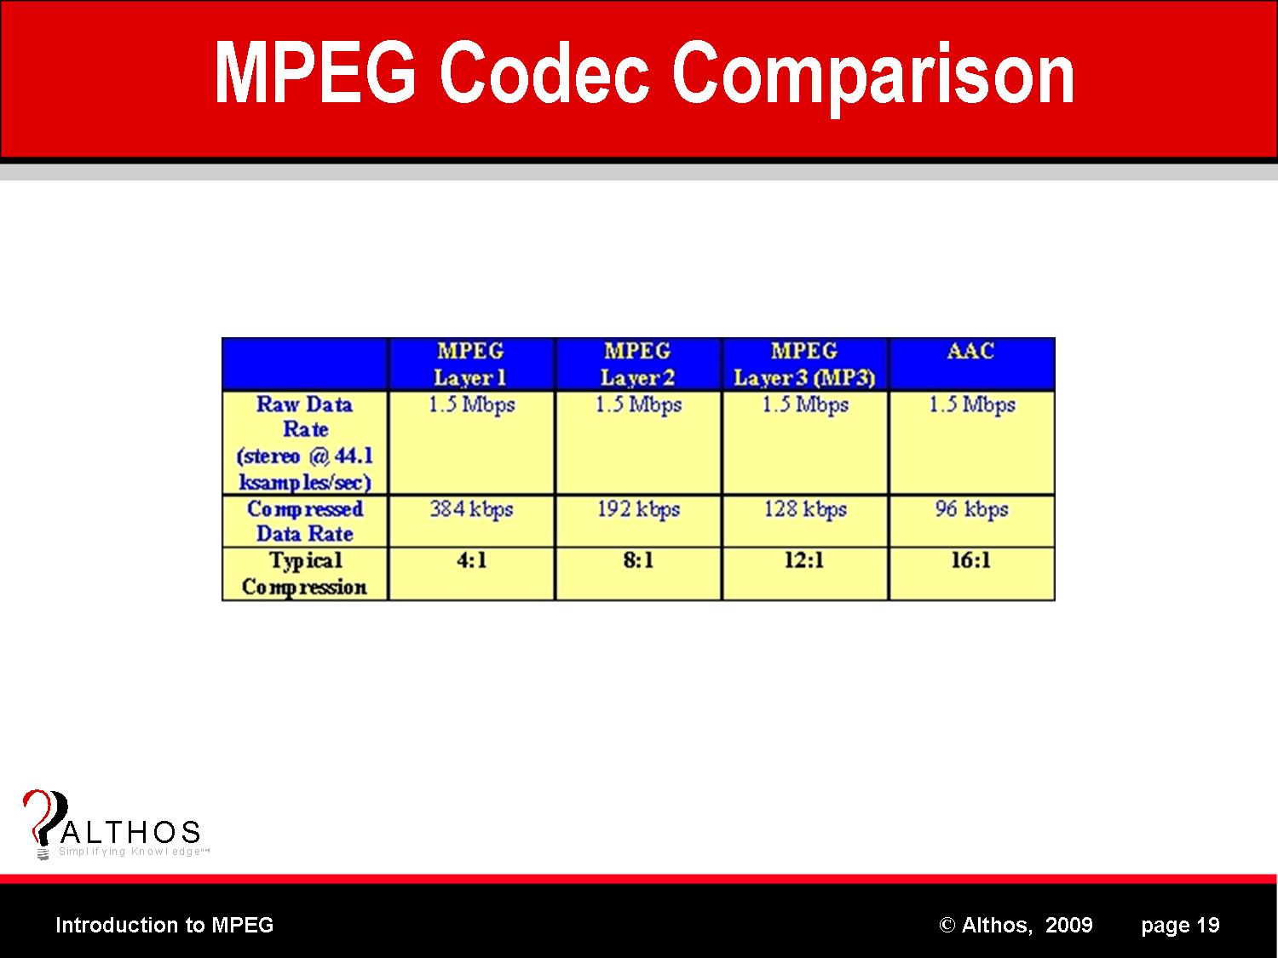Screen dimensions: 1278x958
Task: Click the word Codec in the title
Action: click(544, 73)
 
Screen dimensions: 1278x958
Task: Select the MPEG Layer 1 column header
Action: click(470, 364)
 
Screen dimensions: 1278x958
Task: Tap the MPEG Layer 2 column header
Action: click(637, 364)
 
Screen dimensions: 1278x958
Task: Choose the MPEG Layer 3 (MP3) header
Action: click(804, 364)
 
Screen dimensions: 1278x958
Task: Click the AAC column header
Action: click(970, 351)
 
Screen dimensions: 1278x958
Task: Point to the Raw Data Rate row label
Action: click(304, 443)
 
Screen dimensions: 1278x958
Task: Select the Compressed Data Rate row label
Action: click(304, 521)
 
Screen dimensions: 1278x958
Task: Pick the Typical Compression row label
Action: click(304, 573)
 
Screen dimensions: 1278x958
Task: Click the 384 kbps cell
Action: click(472, 509)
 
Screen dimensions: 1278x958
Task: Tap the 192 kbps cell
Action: click(639, 509)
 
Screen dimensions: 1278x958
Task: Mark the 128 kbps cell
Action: click(805, 509)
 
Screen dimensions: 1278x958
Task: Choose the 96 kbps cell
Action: click(972, 509)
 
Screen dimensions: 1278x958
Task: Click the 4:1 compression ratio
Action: click(472, 560)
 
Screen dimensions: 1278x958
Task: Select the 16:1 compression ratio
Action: click(970, 560)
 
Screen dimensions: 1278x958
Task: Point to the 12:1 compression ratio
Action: click(804, 560)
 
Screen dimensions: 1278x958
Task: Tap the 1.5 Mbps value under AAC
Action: click(972, 404)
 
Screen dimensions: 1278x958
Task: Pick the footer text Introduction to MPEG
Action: click(164, 925)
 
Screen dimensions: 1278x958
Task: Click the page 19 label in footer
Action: click(1180, 926)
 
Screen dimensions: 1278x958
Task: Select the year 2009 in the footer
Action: click(1069, 925)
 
